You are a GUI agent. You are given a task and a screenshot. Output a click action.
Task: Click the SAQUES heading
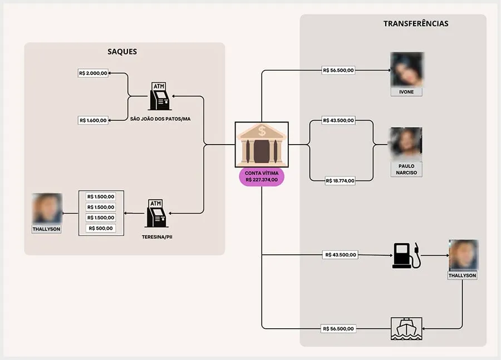pyautogui.click(x=122, y=51)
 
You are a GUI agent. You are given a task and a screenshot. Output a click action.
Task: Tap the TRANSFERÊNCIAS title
pyautogui.click(x=416, y=23)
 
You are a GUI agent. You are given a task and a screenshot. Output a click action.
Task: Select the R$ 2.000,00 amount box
pyautogui.click(x=93, y=73)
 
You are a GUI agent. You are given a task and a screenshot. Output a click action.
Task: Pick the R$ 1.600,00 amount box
pyautogui.click(x=93, y=120)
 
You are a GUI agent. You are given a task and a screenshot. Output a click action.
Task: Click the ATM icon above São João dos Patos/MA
pyautogui.click(x=159, y=96)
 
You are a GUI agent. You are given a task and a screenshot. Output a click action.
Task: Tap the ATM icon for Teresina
pyautogui.click(x=156, y=213)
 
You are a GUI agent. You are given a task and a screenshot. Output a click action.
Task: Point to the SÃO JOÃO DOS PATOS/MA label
pyautogui.click(x=160, y=119)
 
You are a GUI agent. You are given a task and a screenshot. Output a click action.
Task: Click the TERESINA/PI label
pyautogui.click(x=157, y=237)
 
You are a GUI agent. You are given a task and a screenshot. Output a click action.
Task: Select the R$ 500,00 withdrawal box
pyautogui.click(x=101, y=228)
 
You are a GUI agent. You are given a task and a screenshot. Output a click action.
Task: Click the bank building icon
pyautogui.click(x=262, y=144)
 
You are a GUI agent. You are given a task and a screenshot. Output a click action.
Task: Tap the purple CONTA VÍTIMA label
pyautogui.click(x=262, y=176)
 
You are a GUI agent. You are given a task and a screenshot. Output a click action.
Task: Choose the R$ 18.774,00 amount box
pyautogui.click(x=340, y=181)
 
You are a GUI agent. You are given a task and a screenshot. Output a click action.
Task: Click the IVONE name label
pyautogui.click(x=406, y=92)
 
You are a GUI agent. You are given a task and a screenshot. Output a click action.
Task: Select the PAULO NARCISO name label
pyautogui.click(x=406, y=169)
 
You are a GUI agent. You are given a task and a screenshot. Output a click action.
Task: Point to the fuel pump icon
pyautogui.click(x=406, y=255)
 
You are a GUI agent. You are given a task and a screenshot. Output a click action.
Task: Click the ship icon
pyautogui.click(x=406, y=329)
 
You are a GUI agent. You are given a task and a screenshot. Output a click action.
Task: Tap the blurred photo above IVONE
pyautogui.click(x=407, y=70)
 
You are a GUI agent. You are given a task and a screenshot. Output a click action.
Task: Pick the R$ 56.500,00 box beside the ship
pyautogui.click(x=338, y=329)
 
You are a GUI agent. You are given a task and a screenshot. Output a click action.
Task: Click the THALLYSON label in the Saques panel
pyautogui.click(x=46, y=229)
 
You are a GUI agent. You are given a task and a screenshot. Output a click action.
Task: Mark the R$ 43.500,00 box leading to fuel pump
pyautogui.click(x=340, y=255)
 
